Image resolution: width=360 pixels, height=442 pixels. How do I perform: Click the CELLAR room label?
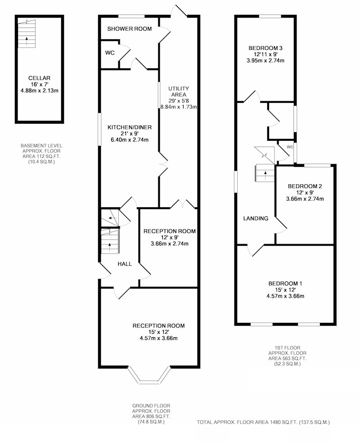[39, 78]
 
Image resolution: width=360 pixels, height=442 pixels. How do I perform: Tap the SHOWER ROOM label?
[130, 29]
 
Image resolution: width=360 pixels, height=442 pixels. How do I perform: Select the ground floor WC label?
[110, 53]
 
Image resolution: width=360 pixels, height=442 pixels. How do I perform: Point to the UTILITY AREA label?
[179, 92]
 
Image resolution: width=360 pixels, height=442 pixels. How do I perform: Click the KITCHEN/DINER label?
[130, 127]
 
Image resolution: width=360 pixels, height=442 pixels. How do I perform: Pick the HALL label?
[125, 264]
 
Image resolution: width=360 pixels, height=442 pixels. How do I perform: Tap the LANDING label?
[256, 218]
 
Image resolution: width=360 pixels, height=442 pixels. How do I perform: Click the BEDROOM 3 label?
[265, 48]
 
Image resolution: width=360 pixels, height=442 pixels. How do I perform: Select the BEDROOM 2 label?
[305, 186]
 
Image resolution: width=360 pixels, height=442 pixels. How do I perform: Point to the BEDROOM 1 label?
[285, 284]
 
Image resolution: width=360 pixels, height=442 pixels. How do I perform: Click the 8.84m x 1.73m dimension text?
[179, 107]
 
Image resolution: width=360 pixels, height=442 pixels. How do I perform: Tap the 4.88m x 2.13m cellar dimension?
[40, 91]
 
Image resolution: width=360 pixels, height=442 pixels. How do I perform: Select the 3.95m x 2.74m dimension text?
[265, 61]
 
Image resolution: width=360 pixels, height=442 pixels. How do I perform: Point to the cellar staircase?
[27, 34]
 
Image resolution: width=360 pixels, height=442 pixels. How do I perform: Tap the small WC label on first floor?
[290, 147]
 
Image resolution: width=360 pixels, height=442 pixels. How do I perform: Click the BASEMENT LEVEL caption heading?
[41, 146]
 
